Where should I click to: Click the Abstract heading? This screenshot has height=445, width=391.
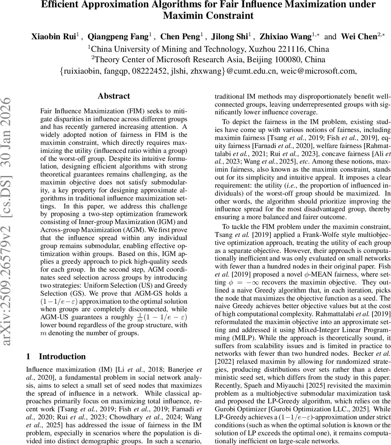(114, 96)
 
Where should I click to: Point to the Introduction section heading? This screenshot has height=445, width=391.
(62, 357)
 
